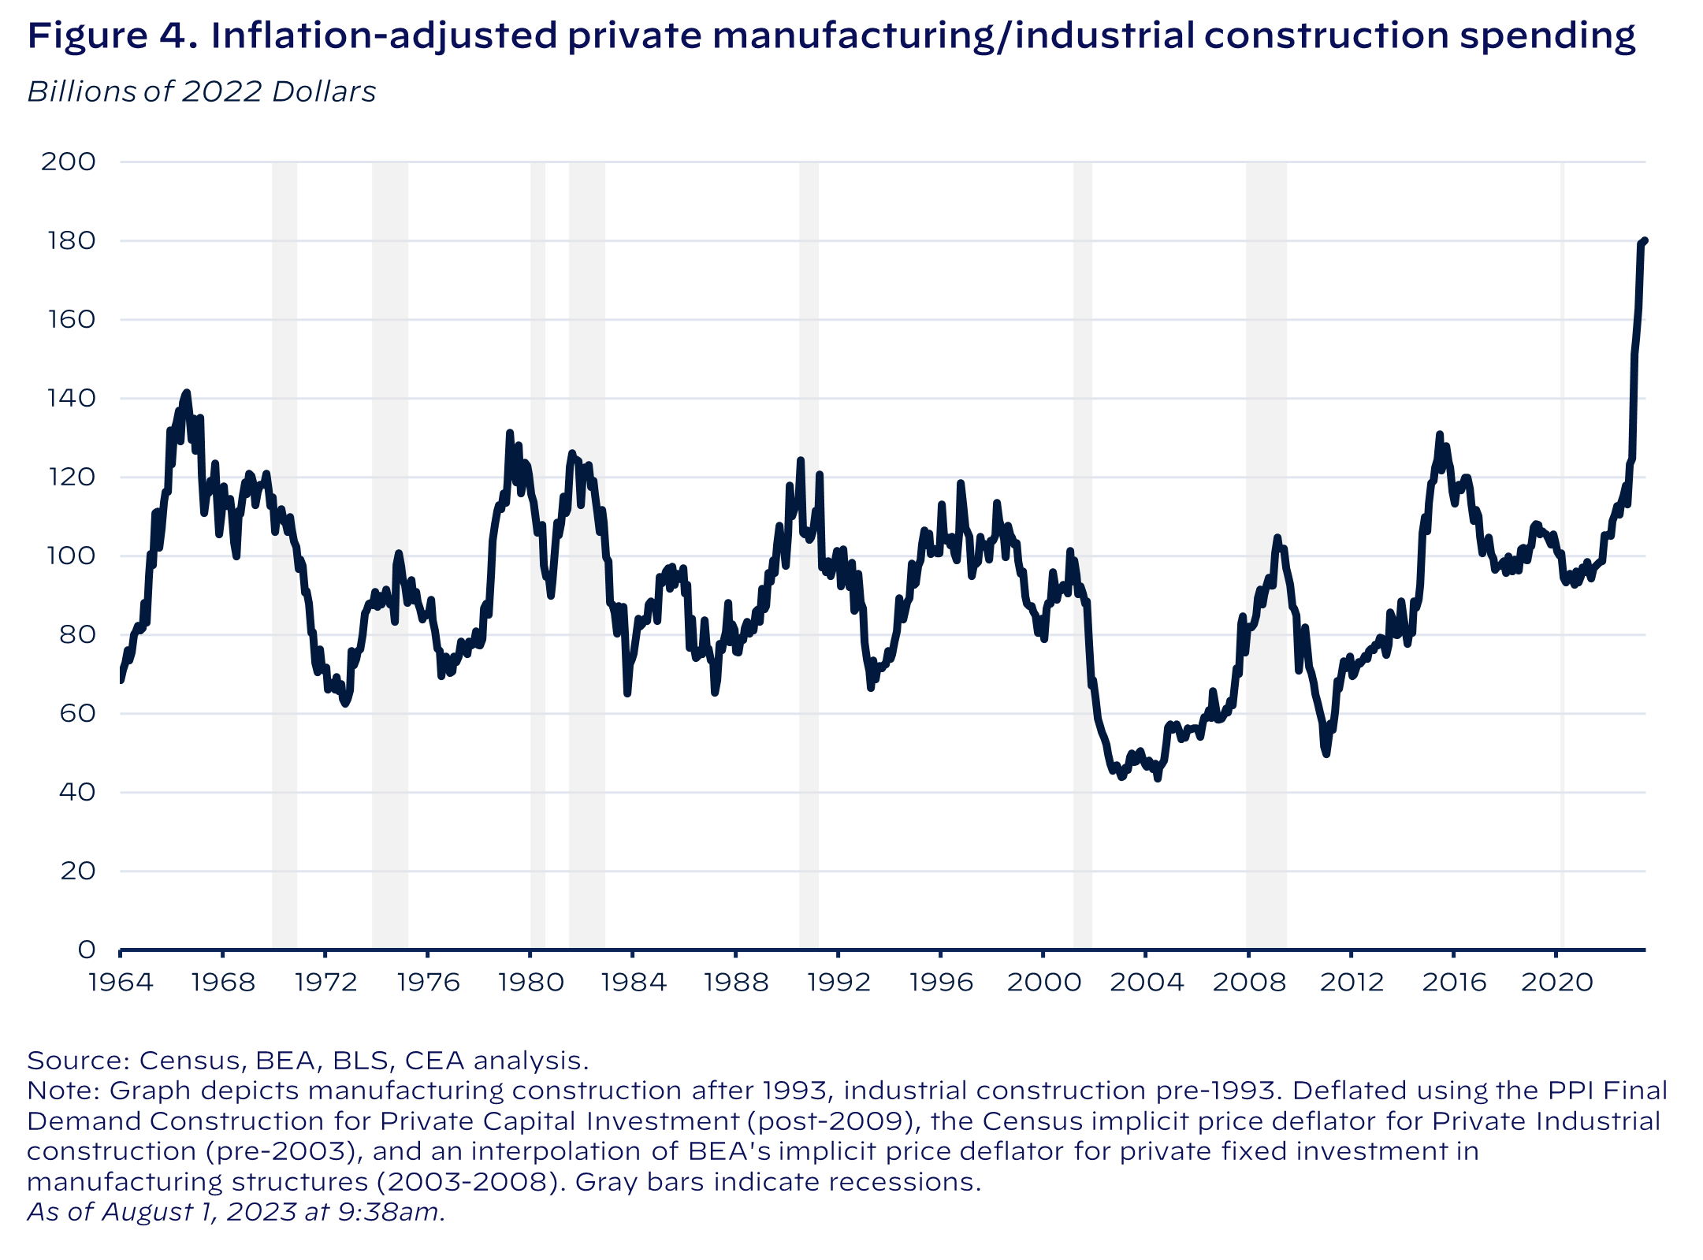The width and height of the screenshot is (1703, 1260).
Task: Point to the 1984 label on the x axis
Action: coord(632,982)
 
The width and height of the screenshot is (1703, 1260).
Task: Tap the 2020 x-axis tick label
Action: coord(1556,982)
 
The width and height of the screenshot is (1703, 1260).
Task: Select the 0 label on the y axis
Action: coord(86,950)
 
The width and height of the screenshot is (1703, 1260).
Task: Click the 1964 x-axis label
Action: coord(121,982)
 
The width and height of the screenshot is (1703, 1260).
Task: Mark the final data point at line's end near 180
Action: coord(1645,241)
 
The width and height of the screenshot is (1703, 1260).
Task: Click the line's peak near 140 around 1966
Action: coord(186,392)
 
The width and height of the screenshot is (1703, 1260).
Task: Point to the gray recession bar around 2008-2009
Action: coord(1266,552)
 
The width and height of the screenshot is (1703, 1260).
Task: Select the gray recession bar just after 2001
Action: coord(1082,552)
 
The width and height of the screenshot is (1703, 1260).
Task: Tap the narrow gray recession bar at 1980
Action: coord(537,552)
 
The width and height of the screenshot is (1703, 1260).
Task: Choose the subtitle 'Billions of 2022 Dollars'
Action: coord(202,92)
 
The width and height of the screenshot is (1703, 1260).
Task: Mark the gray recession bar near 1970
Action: coord(284,552)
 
